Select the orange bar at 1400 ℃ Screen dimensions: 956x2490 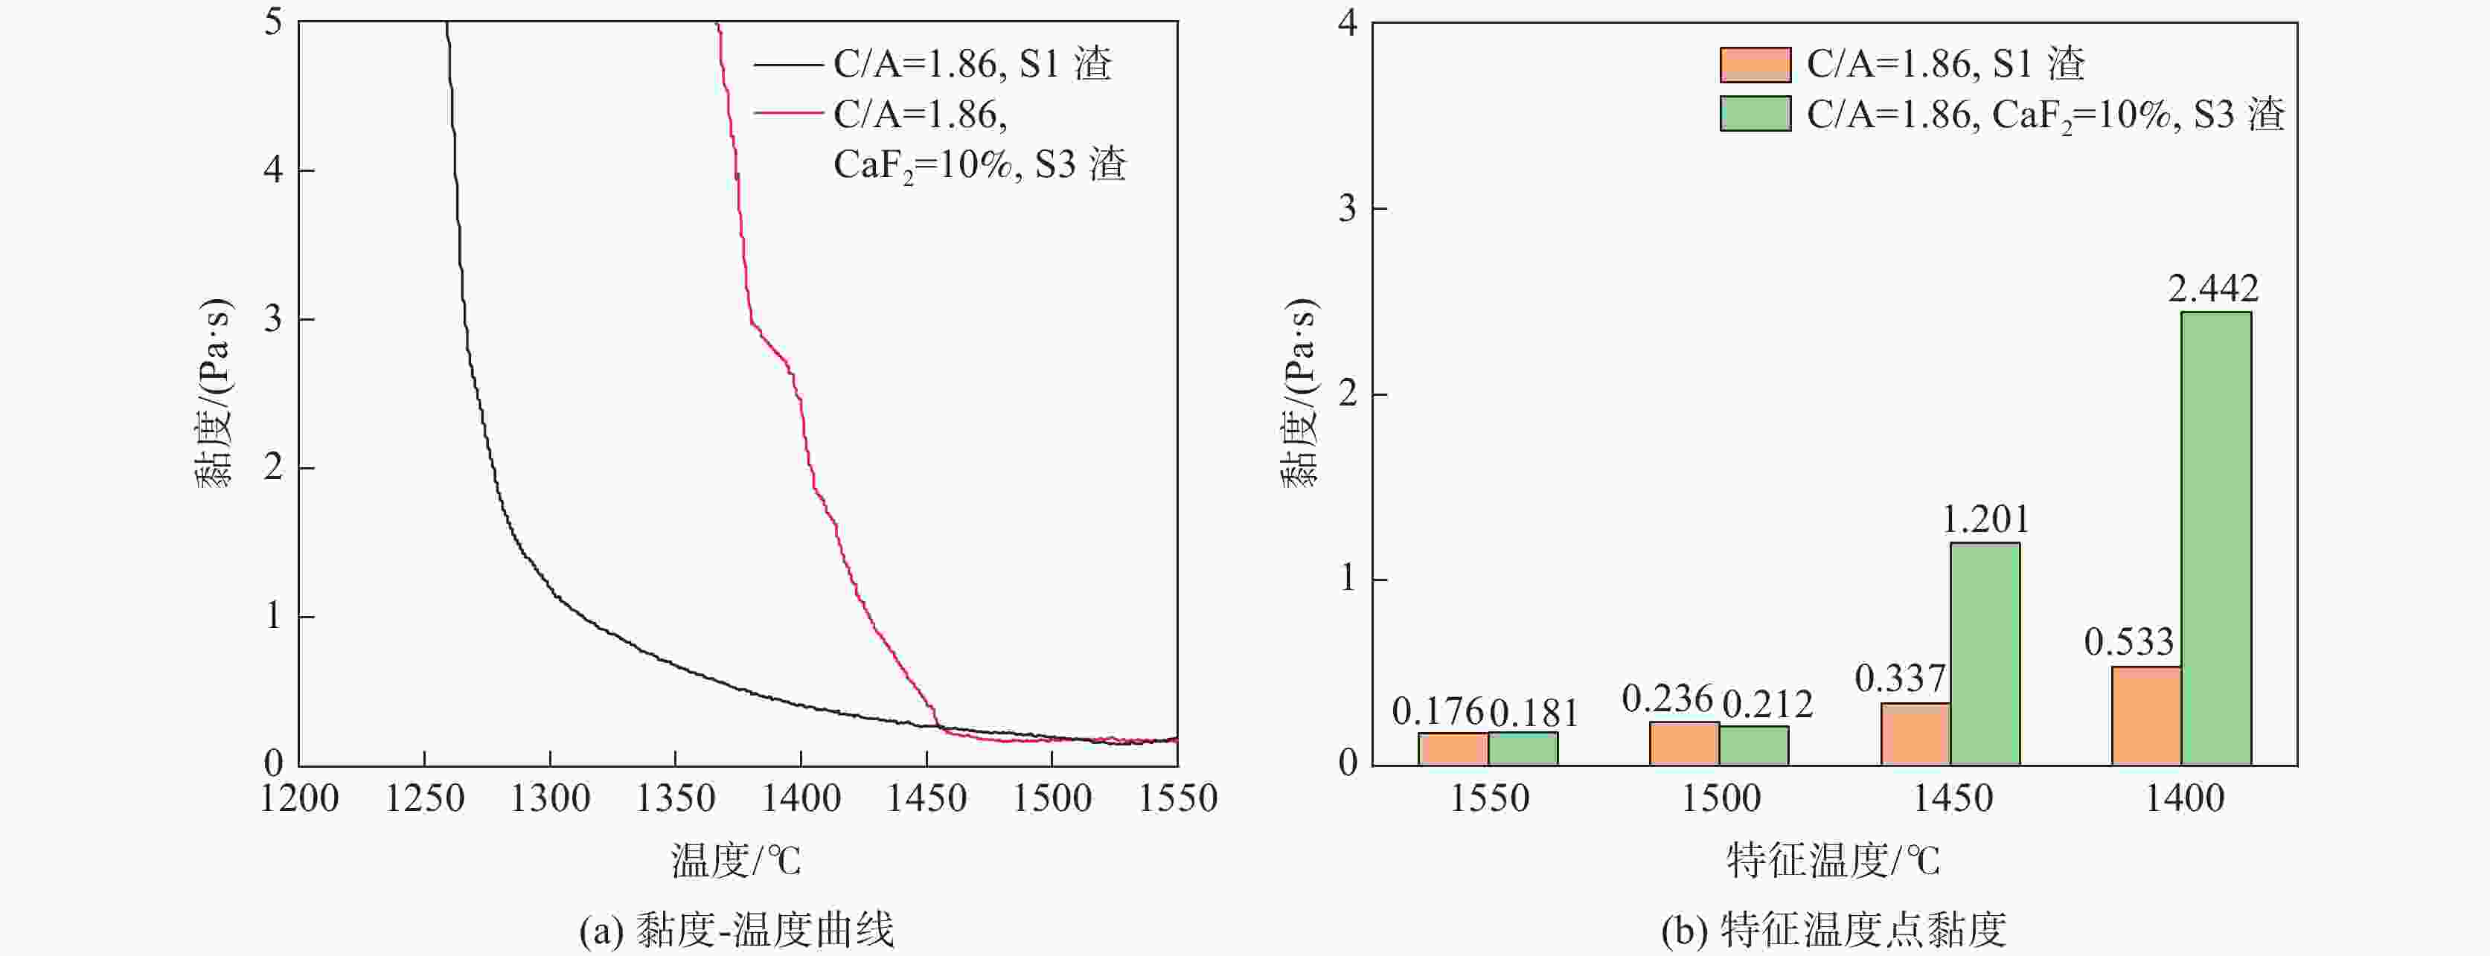[x=2146, y=715]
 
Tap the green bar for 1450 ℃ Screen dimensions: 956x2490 [x=1985, y=653]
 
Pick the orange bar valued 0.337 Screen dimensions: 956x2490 [x=1915, y=734]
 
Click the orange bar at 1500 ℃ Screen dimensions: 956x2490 [x=1684, y=743]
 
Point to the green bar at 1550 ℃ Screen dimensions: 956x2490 [x=1523, y=748]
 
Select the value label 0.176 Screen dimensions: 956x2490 [x=1437, y=713]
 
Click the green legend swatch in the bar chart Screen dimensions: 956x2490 [x=1755, y=114]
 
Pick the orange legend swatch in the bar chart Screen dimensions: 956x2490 [x=1755, y=65]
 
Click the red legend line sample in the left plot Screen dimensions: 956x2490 [x=787, y=114]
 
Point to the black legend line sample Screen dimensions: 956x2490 [x=787, y=65]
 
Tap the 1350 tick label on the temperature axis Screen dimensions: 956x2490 [x=675, y=798]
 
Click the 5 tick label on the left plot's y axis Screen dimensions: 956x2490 [x=274, y=22]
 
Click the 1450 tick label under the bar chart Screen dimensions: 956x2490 [x=1953, y=798]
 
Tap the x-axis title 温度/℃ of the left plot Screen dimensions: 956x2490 [x=737, y=860]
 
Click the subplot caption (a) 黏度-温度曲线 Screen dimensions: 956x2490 [x=737, y=930]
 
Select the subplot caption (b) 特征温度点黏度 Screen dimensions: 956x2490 [x=1834, y=930]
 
